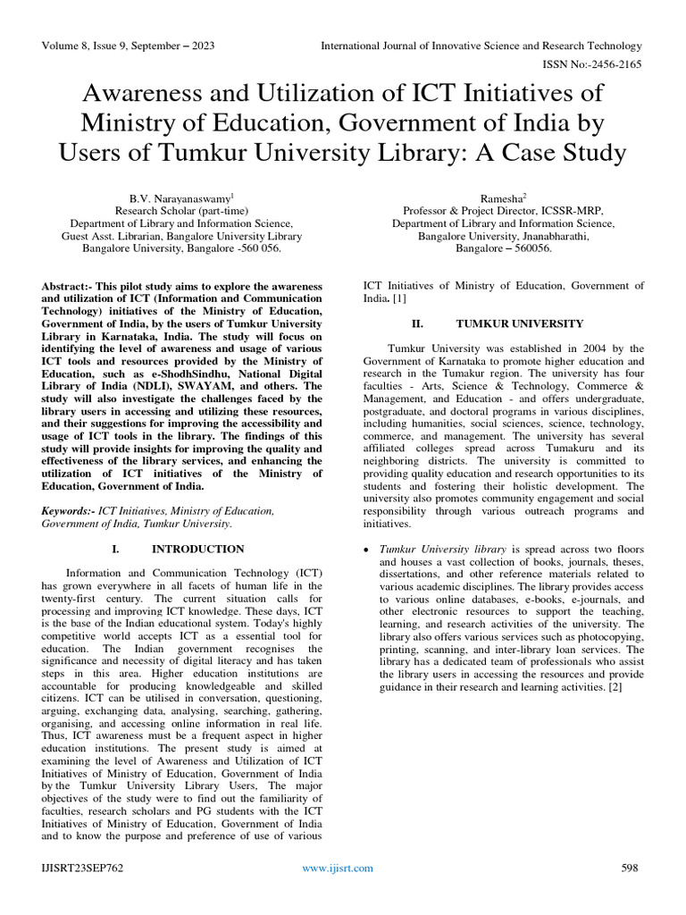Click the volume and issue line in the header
point(130,46)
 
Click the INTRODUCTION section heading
point(198,549)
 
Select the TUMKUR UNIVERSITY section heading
point(520,323)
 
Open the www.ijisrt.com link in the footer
point(338,868)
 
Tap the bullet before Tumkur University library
point(368,550)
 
